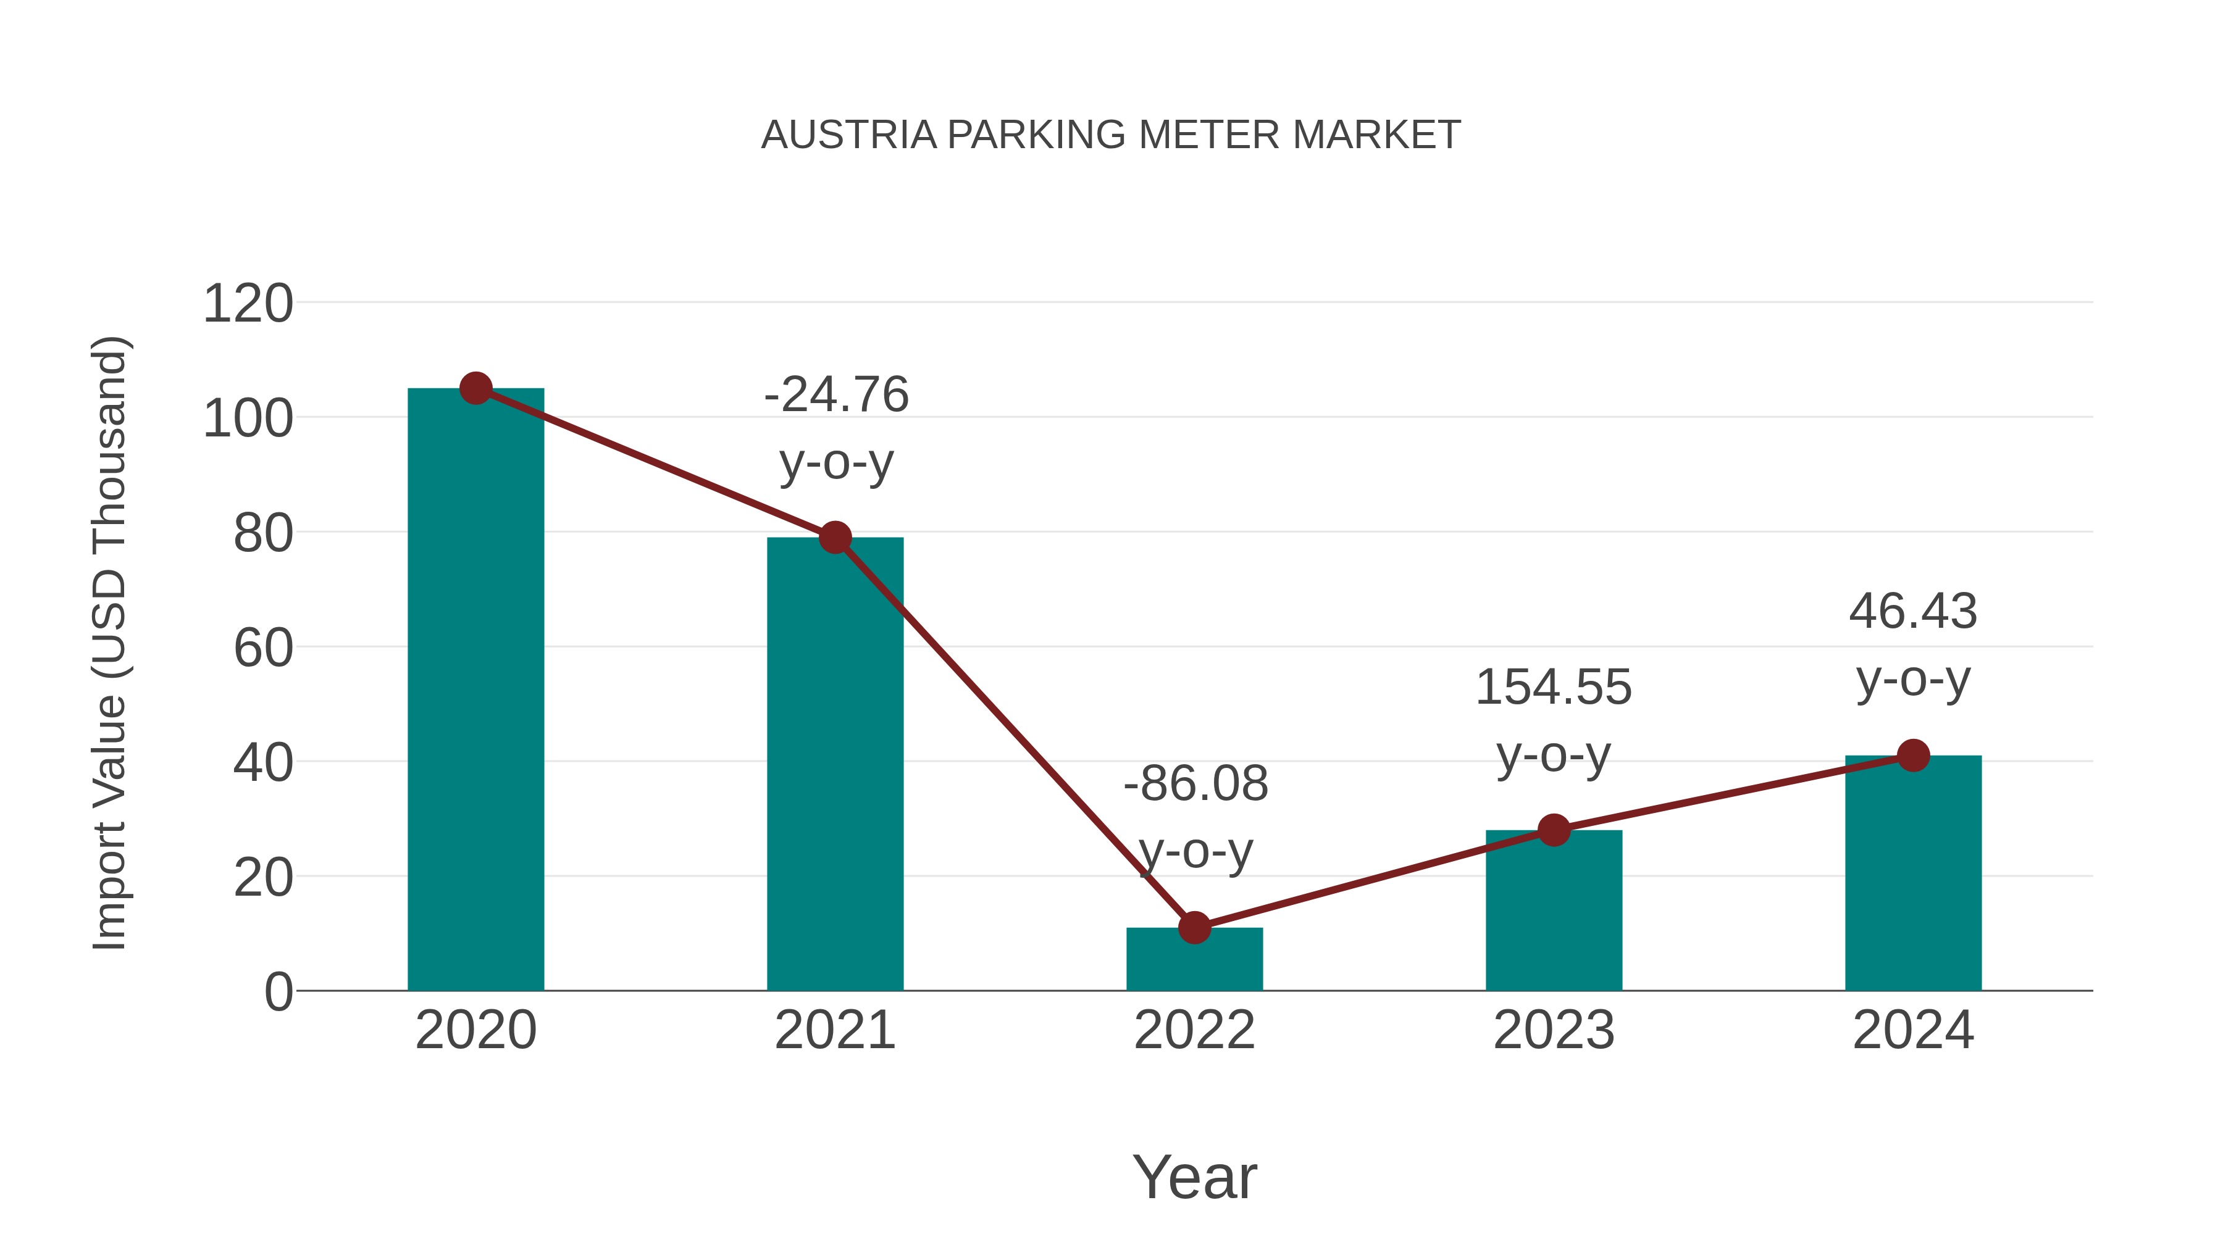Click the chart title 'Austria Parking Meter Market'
tap(1111, 135)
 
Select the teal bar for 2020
tap(475, 690)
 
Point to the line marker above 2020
tap(475, 388)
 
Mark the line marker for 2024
tap(1913, 756)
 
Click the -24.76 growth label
tap(836, 395)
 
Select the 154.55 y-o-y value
tap(1554, 688)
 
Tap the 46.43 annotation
tap(1913, 612)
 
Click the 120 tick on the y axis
tap(248, 304)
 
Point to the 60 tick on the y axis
tap(263, 649)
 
